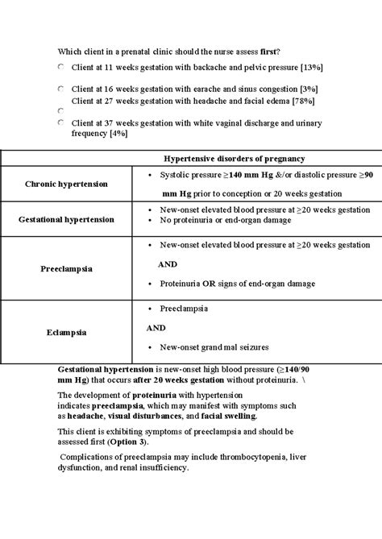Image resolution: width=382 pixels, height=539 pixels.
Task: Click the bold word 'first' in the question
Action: click(264, 50)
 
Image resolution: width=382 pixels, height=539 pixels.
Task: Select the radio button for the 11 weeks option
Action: click(61, 68)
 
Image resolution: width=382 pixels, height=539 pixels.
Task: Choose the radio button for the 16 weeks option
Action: click(61, 88)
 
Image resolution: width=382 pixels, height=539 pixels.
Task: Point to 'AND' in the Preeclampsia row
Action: click(166, 263)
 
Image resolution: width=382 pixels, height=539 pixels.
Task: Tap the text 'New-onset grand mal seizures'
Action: click(215, 347)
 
